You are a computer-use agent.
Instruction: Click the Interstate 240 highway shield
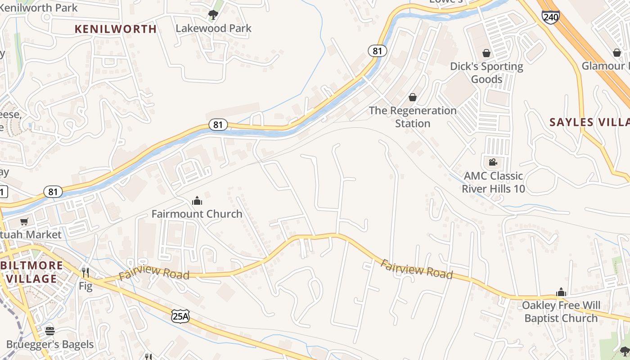(x=551, y=17)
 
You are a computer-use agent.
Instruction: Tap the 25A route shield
(x=180, y=316)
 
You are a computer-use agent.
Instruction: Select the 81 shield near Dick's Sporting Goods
(x=377, y=51)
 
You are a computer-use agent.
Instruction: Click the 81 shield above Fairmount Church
(x=218, y=125)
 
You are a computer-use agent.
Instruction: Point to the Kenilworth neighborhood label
(x=116, y=29)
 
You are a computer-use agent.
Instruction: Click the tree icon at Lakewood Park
(x=213, y=15)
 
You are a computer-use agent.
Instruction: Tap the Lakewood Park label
(x=213, y=28)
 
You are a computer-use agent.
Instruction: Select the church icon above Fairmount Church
(x=197, y=201)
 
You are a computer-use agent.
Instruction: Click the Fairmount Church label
(x=197, y=214)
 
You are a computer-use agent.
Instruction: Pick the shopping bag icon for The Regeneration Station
(x=412, y=97)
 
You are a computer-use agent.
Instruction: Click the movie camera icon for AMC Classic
(x=493, y=162)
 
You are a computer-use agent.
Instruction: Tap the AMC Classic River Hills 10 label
(x=493, y=182)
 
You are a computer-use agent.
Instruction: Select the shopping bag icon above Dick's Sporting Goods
(x=486, y=53)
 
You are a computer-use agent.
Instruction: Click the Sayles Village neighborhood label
(x=589, y=122)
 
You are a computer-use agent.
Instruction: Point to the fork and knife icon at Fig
(x=85, y=272)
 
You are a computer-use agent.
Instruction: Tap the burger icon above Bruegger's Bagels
(x=50, y=331)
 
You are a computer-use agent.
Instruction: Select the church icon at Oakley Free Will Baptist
(x=561, y=292)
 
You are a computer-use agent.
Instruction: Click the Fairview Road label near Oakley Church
(x=416, y=269)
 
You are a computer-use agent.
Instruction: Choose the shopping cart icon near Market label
(x=24, y=221)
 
